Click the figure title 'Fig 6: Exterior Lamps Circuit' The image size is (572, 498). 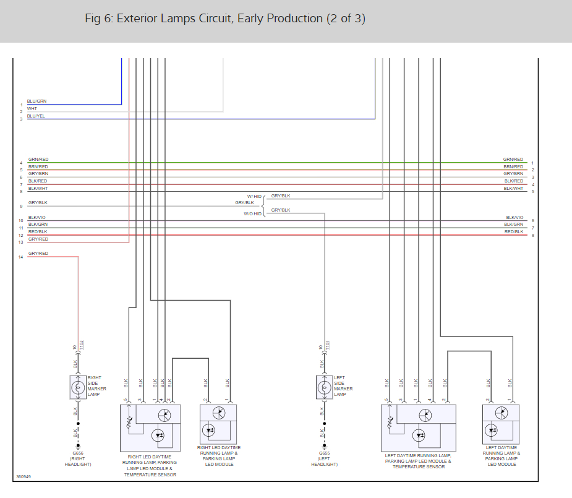(225, 19)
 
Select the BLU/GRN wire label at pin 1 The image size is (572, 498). (36, 101)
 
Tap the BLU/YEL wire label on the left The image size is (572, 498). (36, 116)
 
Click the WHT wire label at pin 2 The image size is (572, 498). (32, 108)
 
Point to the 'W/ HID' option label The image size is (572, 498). (254, 196)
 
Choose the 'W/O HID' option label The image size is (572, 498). (252, 214)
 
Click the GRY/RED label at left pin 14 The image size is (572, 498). (38, 254)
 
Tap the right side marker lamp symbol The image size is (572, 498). (78, 388)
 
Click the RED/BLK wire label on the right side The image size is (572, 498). (513, 231)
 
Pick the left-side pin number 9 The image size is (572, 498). (21, 206)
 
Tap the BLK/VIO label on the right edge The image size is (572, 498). (514, 217)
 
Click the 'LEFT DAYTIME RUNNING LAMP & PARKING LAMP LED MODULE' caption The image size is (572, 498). (501, 455)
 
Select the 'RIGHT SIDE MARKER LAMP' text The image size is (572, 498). (96, 385)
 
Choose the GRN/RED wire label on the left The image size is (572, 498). (38, 160)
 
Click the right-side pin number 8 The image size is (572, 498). (532, 235)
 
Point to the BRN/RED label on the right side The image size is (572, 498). (513, 166)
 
